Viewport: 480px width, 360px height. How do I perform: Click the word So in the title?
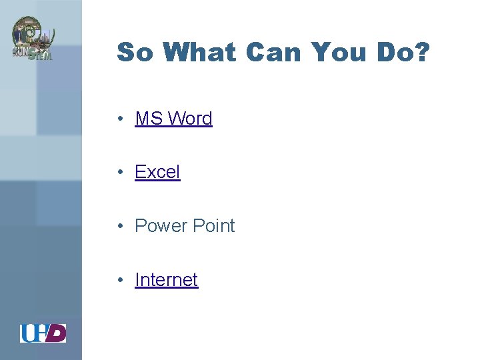(x=135, y=53)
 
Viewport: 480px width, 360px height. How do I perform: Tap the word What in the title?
(x=199, y=53)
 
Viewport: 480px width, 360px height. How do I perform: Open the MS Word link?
(x=173, y=119)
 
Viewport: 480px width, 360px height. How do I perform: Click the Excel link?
(x=157, y=172)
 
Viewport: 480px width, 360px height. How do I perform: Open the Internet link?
(x=166, y=280)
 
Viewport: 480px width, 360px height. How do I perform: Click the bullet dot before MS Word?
(x=118, y=119)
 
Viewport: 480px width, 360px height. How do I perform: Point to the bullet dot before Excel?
(x=118, y=173)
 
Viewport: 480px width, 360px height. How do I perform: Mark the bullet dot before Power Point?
(x=118, y=227)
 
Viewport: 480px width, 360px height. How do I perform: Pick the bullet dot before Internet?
(x=118, y=281)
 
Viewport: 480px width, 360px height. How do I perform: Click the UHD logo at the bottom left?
(x=43, y=333)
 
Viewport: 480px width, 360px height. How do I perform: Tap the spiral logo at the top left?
(x=31, y=39)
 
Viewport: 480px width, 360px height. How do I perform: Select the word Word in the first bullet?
(x=189, y=119)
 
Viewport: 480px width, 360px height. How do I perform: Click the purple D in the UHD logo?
(x=57, y=333)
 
